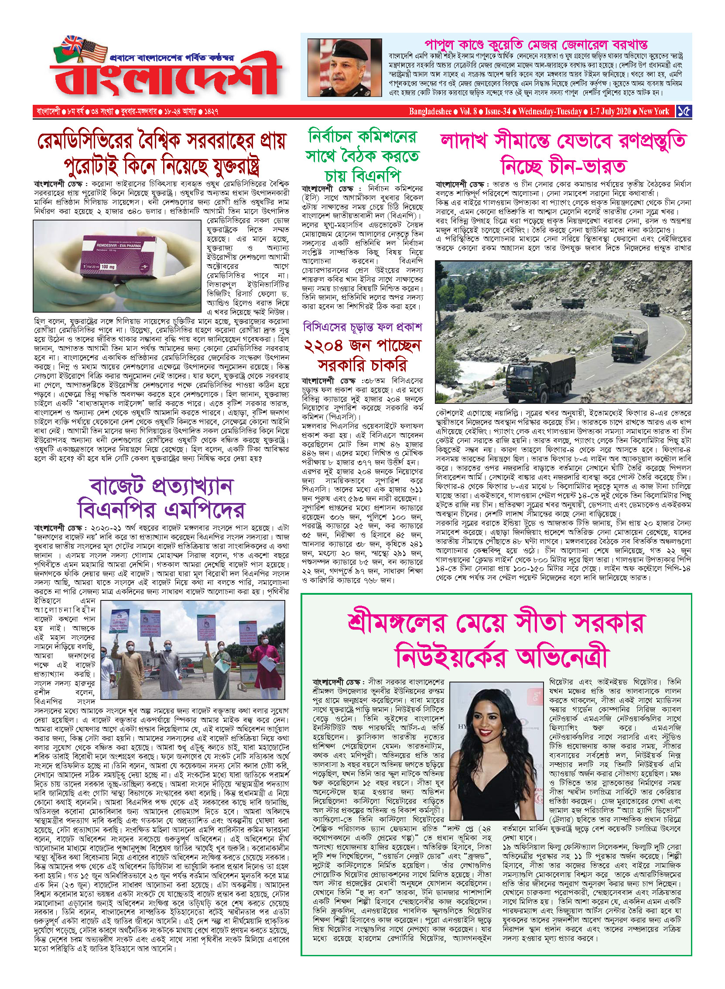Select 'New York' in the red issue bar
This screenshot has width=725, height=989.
click(653, 111)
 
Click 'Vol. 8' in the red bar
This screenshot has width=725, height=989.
click(469, 111)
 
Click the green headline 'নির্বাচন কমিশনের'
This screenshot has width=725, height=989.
click(362, 137)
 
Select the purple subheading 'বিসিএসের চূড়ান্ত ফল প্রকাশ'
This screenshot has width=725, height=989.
click(362, 327)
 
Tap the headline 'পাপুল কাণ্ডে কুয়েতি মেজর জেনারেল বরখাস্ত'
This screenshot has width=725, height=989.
click(536, 45)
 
